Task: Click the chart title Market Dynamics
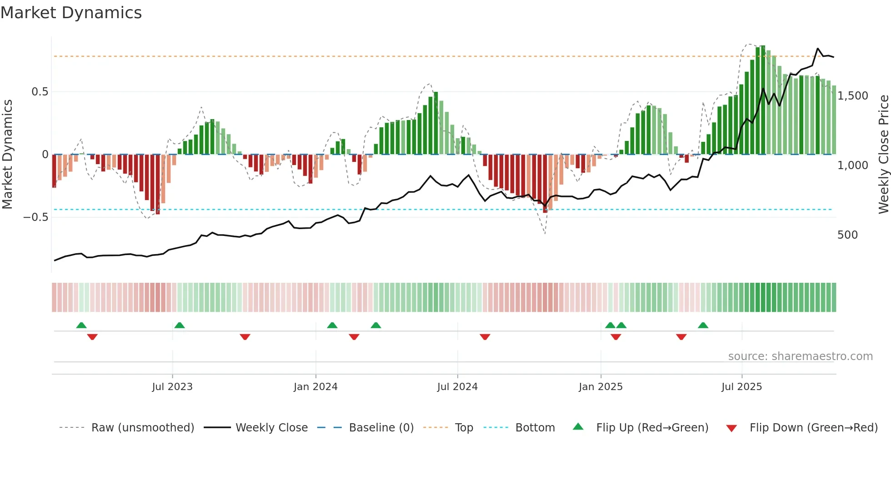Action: point(71,13)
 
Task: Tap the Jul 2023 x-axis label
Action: point(172,387)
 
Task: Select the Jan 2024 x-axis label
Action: point(315,387)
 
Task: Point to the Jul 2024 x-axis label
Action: point(457,387)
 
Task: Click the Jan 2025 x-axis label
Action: point(601,387)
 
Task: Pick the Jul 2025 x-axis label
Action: point(741,387)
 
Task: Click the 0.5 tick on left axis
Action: point(40,92)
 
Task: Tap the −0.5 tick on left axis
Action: point(36,217)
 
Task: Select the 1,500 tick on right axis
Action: point(853,96)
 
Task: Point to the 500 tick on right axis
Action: point(847,235)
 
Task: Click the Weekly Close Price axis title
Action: point(883,154)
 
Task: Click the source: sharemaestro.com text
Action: point(800,356)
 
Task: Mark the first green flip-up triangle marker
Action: point(81,325)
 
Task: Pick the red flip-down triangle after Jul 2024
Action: point(485,337)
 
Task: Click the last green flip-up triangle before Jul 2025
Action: point(703,325)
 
